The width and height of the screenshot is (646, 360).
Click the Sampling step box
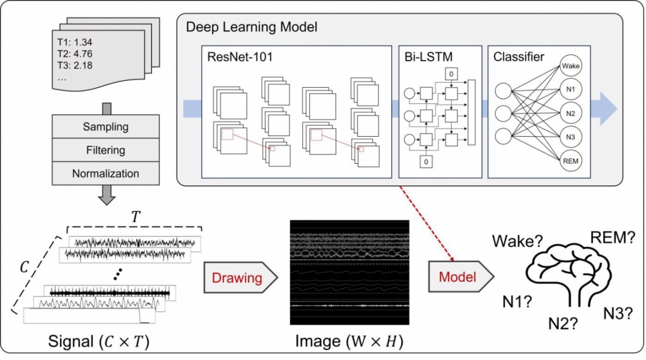pos(105,127)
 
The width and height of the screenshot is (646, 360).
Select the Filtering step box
pos(105,150)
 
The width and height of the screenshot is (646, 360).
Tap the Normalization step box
pos(105,173)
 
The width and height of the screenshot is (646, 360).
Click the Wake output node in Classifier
pos(570,65)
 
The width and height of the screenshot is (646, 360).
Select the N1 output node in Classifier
pos(570,89)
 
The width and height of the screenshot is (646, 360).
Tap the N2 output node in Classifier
pos(570,113)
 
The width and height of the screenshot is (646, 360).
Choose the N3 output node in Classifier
pos(570,137)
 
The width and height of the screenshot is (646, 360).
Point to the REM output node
pos(570,161)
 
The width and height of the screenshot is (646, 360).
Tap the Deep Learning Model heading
pos(250,28)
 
